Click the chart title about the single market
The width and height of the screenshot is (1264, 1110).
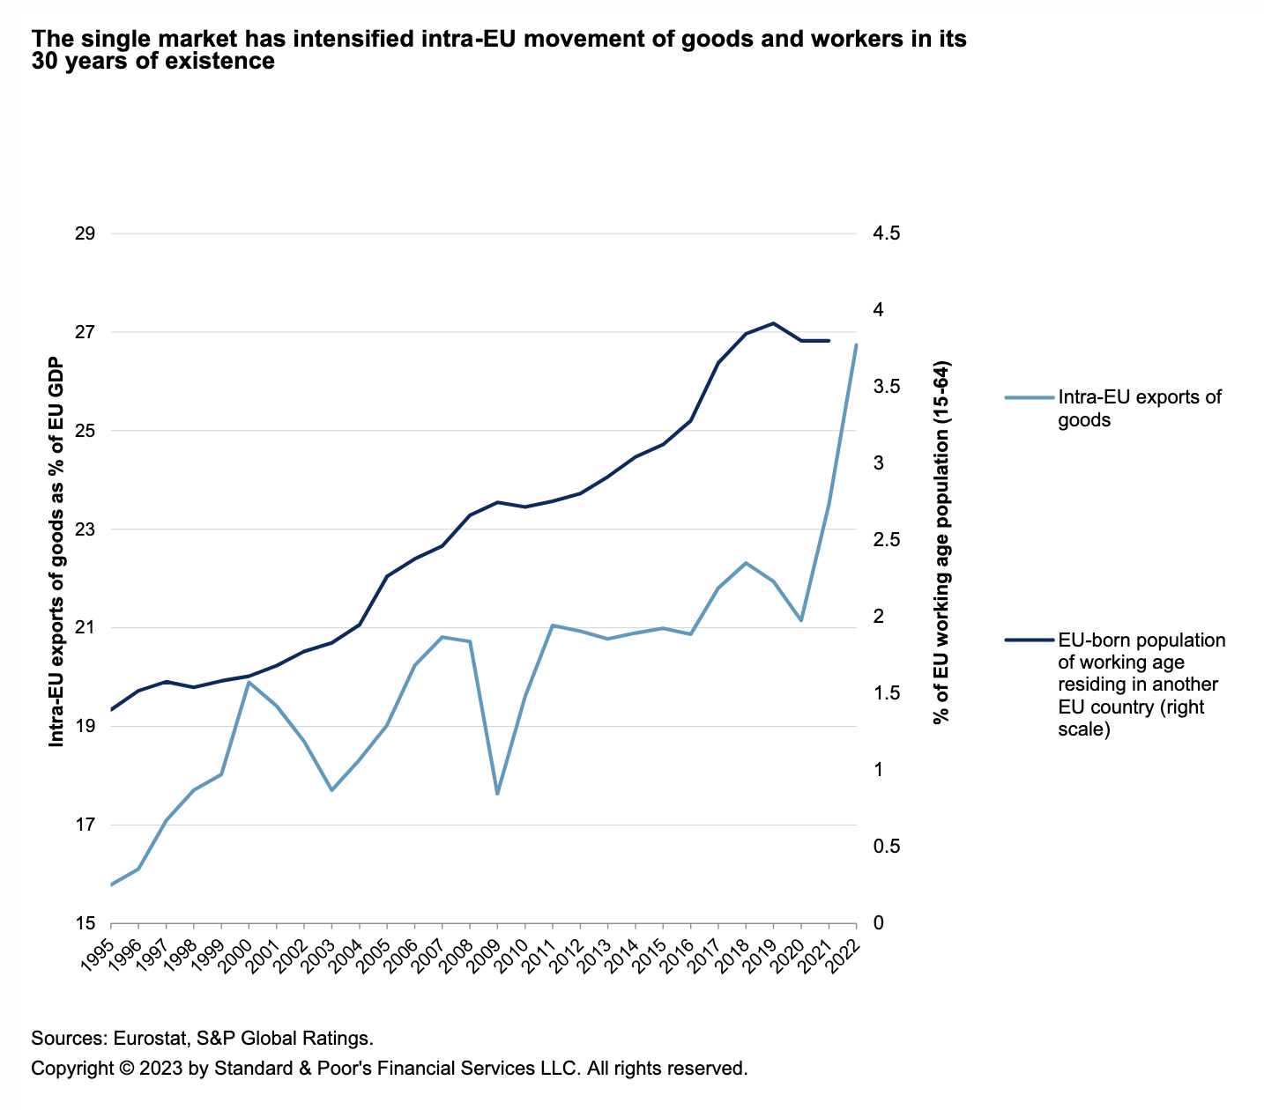[x=499, y=50]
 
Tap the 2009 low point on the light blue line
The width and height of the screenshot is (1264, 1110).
[x=497, y=794]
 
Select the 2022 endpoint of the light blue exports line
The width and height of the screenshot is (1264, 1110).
[x=856, y=344]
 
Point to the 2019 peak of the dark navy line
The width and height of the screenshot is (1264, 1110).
[x=773, y=323]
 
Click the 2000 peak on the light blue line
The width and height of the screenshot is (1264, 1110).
[x=249, y=682]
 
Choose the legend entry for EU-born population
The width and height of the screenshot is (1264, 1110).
[x=1141, y=684]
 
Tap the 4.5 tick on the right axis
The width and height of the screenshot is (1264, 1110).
[x=886, y=234]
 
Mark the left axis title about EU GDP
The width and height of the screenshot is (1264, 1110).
[x=56, y=552]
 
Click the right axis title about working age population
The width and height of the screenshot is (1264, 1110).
[x=941, y=544]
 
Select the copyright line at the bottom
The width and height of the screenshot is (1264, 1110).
[x=389, y=1069]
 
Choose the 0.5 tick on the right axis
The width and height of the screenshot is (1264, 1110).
[x=886, y=847]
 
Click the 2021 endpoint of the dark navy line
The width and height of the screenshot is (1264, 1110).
[x=829, y=340]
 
